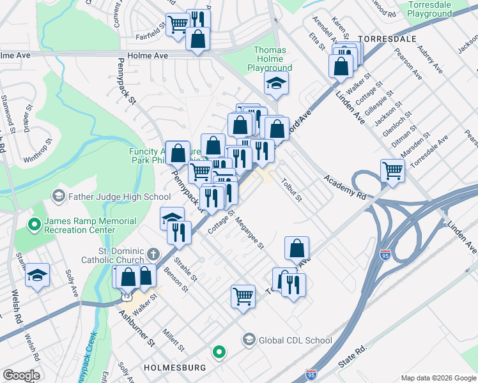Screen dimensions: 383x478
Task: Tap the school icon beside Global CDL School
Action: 249,340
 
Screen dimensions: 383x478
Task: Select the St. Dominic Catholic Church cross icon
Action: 151,254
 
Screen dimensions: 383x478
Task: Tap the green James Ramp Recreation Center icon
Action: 33,225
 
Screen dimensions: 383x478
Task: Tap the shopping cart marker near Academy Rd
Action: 392,170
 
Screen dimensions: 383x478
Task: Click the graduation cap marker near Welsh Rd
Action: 38,275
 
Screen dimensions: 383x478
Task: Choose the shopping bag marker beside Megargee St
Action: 297,248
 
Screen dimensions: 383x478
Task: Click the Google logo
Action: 21,375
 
